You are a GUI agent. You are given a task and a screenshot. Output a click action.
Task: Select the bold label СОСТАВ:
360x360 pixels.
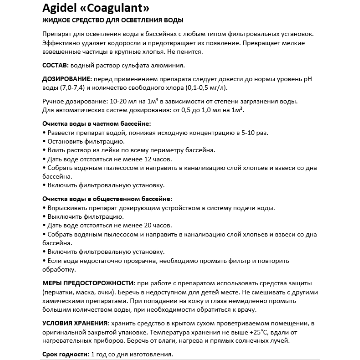tap(55, 65)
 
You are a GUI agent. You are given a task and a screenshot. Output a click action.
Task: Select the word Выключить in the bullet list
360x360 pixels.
tap(62, 217)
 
